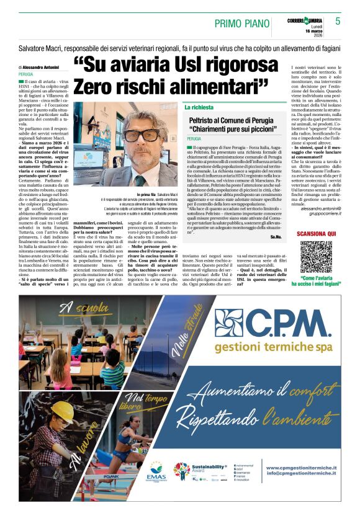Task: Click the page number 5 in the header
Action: pos(338,21)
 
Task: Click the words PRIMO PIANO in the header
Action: pos(239,23)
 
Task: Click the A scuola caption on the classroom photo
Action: pos(75,308)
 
